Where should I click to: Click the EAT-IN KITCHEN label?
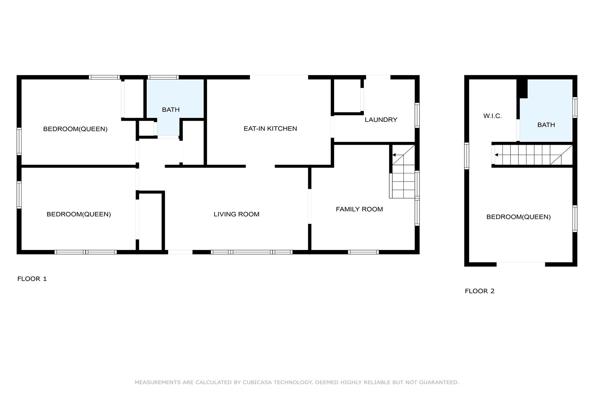[270, 128]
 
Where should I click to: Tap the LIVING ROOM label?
[236, 214]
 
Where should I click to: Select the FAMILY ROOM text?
[359, 209]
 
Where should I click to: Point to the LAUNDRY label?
[381, 120]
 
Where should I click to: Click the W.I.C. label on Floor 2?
[492, 116]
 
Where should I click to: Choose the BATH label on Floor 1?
[171, 110]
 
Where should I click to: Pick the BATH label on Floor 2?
[546, 125]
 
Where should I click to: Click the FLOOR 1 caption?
[32, 279]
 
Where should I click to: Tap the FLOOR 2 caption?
[479, 291]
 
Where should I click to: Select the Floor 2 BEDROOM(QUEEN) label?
[519, 217]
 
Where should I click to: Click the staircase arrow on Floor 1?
[398, 155]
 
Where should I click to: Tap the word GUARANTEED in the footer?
[439, 382]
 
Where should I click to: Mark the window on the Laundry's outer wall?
[417, 115]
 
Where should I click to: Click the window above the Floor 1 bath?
[163, 77]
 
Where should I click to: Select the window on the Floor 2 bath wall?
[575, 107]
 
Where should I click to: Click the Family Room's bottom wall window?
[363, 252]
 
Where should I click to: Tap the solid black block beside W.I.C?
[522, 89]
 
